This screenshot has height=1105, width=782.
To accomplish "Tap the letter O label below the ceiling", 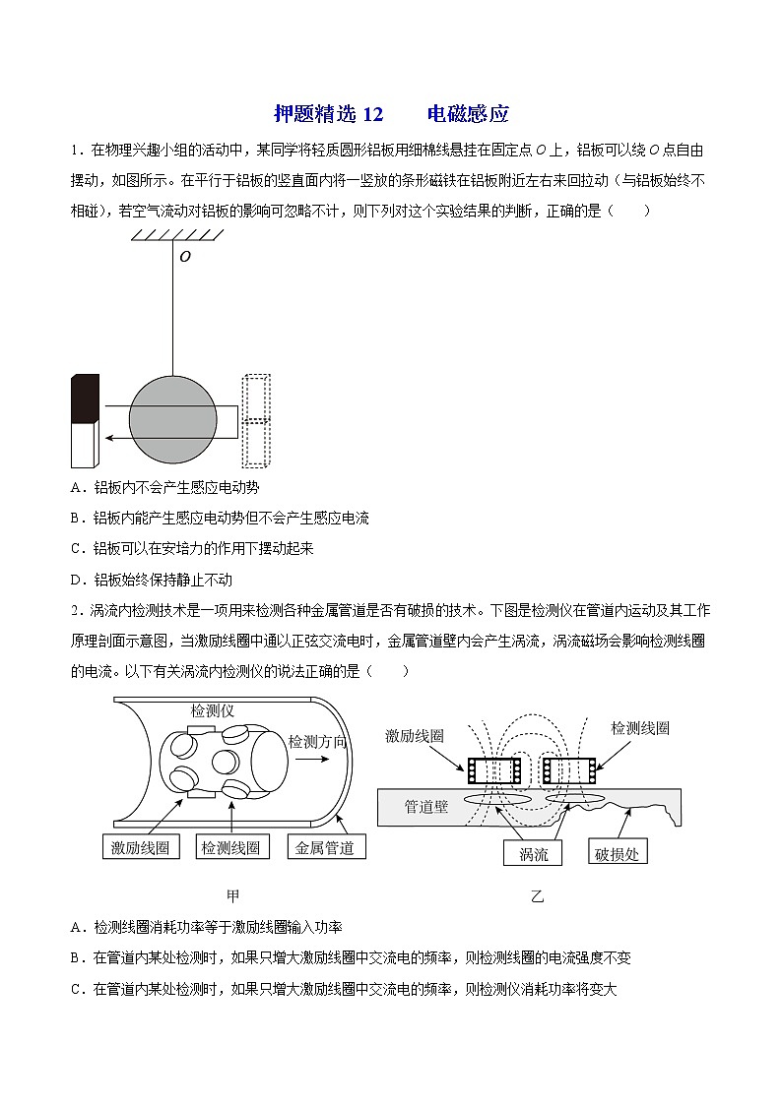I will click(x=184, y=257).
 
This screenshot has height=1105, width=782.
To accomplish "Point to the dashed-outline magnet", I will click(x=256, y=420).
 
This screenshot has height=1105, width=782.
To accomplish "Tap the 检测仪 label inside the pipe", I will click(x=212, y=709).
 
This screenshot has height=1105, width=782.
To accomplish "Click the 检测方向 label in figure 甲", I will click(x=316, y=741).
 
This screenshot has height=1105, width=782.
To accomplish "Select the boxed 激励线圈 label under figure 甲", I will click(x=141, y=847).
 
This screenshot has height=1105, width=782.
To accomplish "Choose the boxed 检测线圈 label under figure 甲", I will click(x=230, y=847).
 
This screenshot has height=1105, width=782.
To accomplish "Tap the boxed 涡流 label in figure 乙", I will click(x=533, y=853).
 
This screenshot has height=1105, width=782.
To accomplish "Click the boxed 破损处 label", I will click(x=618, y=853).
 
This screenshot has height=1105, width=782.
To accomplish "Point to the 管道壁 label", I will click(x=426, y=807).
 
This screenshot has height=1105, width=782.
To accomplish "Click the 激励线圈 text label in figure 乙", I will click(x=415, y=735).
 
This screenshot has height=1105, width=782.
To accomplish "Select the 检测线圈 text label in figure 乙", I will click(x=640, y=728).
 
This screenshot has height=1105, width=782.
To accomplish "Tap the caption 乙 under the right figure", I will click(x=537, y=896).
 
